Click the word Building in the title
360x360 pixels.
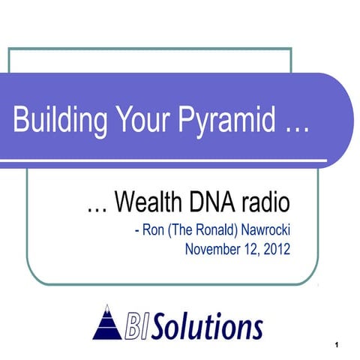click(52, 119)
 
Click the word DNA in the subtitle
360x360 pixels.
click(221, 202)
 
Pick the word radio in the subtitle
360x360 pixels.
click(268, 202)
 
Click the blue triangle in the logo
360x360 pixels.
click(107, 323)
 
